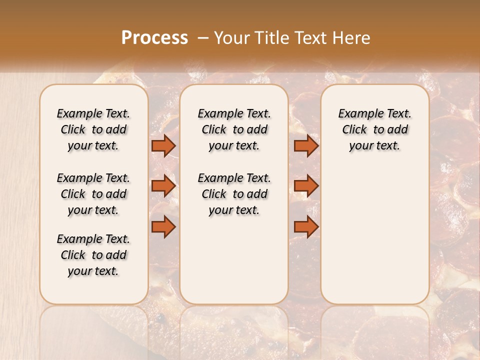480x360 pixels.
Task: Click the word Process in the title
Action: point(154,38)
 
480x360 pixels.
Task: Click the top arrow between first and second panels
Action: point(163,145)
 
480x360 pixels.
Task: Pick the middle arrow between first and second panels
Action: point(163,186)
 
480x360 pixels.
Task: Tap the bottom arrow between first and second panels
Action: point(163,226)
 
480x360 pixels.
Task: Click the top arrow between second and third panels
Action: point(306,145)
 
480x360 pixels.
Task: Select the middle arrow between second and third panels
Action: point(306,186)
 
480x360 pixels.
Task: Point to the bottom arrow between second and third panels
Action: point(306,226)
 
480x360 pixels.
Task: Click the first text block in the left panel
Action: point(93,129)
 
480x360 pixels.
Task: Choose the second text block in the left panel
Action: point(93,194)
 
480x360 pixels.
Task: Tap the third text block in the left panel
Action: point(93,255)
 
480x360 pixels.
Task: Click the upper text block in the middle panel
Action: point(234,129)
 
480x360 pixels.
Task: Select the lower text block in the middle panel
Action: point(234,194)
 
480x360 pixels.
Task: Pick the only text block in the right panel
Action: point(374,129)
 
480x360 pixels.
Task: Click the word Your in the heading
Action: point(232,38)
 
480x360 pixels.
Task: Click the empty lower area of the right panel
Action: point(374,235)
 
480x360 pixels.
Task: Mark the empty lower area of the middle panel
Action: point(234,260)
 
